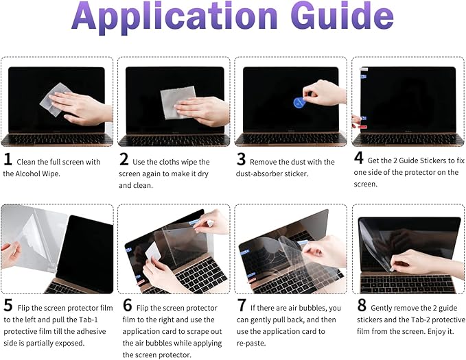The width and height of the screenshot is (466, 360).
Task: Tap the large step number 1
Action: coord(8,160)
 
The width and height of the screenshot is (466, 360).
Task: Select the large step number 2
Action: coord(124,160)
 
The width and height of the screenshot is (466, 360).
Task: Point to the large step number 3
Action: coord(241,160)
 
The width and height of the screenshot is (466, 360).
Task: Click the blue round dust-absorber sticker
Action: coord(299,103)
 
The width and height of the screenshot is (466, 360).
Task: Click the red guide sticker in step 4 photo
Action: coord(362,127)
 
